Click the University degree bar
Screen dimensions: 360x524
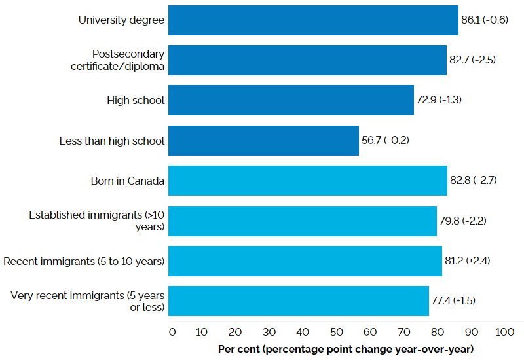pyautogui.click(x=313, y=20)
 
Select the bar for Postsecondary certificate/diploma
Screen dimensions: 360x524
pyautogui.click(x=307, y=60)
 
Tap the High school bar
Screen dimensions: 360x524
pyautogui.click(x=291, y=100)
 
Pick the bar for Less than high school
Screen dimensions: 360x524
pyautogui.click(x=263, y=141)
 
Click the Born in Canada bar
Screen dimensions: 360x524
pyautogui.click(x=308, y=181)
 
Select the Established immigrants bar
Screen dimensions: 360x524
pyautogui.click(x=303, y=221)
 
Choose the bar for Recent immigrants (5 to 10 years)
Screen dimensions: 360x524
pyautogui.click(x=305, y=261)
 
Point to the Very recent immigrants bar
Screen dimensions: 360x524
pyautogui.click(x=299, y=301)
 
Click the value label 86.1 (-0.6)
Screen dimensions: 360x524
pyautogui.click(x=485, y=20)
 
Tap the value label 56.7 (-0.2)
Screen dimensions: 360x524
pyautogui.click(x=386, y=141)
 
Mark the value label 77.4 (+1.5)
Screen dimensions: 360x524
pyautogui.click(x=454, y=301)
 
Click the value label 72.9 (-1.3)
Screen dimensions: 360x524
pyautogui.click(x=440, y=100)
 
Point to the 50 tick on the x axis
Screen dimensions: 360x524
pyautogui.click(x=337, y=332)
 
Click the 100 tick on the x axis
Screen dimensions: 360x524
pyautogui.click(x=505, y=332)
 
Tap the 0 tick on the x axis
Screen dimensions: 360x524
pyautogui.click(x=172, y=332)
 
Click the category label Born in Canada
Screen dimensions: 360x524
pyautogui.click(x=128, y=181)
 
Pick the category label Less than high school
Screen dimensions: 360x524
pyautogui.click(x=112, y=141)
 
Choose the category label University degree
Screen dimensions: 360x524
pyautogui.click(x=121, y=20)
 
